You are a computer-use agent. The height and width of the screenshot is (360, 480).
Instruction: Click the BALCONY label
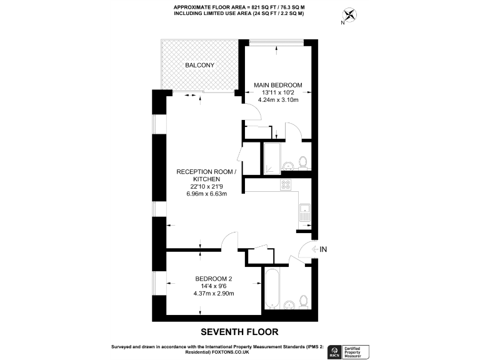pyautogui.click(x=199, y=65)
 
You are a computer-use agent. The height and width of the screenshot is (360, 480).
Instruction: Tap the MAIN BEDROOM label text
pyautogui.click(x=278, y=85)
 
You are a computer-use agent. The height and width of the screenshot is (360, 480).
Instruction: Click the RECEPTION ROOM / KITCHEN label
pyautogui.click(x=206, y=175)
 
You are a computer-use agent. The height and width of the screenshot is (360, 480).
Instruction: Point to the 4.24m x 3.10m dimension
pyautogui.click(x=278, y=99)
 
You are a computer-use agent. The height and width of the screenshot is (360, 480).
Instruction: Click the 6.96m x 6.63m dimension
pyautogui.click(x=206, y=194)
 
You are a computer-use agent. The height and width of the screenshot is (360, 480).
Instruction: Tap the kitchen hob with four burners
pyautogui.click(x=286, y=184)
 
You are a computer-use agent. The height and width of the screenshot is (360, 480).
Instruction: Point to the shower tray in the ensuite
pyautogui.click(x=272, y=157)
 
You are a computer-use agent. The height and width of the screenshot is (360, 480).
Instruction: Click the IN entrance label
pyautogui.click(x=323, y=249)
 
